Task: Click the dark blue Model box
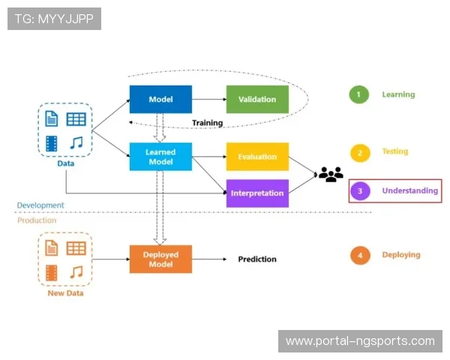point(160,99)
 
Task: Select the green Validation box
point(257,99)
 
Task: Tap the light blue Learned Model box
point(160,156)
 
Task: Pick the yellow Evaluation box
point(257,156)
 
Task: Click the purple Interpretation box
point(257,193)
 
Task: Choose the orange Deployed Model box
point(160,259)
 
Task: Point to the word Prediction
point(257,259)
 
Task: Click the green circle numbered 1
point(359,94)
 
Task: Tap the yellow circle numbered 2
point(359,152)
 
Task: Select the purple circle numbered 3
point(359,191)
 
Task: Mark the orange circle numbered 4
point(360,255)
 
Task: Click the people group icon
point(330,174)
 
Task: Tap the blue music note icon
point(76,142)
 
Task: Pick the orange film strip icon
point(52,272)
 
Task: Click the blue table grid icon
point(76,118)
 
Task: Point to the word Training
point(207,123)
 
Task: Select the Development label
point(41,205)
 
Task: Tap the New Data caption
point(65,293)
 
